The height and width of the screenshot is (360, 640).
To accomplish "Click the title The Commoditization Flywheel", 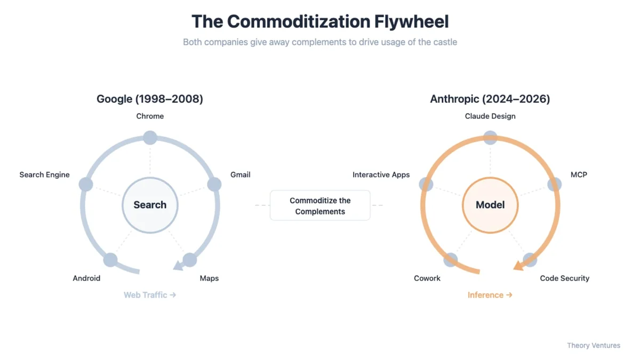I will coord(320,21).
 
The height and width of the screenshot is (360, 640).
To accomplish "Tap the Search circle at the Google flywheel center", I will coord(150,205).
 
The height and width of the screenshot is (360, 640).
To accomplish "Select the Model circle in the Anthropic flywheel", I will coord(490,205).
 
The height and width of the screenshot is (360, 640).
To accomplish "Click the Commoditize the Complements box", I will coord(320,205).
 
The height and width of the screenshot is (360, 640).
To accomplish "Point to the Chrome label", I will coord(150,116).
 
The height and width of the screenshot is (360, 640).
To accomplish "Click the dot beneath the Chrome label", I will coord(150,137).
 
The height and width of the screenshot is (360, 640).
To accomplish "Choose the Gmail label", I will coord(240,174).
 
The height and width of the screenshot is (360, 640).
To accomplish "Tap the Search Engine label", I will coord(44,174).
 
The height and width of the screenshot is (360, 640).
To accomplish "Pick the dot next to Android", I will coord(110,260).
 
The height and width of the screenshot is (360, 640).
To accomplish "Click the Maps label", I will coord(209,278).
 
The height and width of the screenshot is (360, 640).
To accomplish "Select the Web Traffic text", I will coord(149,295).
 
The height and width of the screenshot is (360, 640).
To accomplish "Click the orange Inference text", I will coord(490,295).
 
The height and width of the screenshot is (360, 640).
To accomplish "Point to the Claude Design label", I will coord(490,116).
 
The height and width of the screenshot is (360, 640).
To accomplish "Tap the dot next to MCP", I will coord(555,185).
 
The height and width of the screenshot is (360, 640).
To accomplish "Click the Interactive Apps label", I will coord(381,174).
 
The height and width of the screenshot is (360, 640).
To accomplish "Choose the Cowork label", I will coord(427,278).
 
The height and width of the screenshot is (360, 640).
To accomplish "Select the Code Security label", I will coord(564,278).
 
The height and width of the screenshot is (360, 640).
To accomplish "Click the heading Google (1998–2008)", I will coord(150,99).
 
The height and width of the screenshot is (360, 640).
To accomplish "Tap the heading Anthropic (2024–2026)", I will coord(490,99).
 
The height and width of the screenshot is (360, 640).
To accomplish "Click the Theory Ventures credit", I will coord(594,346).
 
